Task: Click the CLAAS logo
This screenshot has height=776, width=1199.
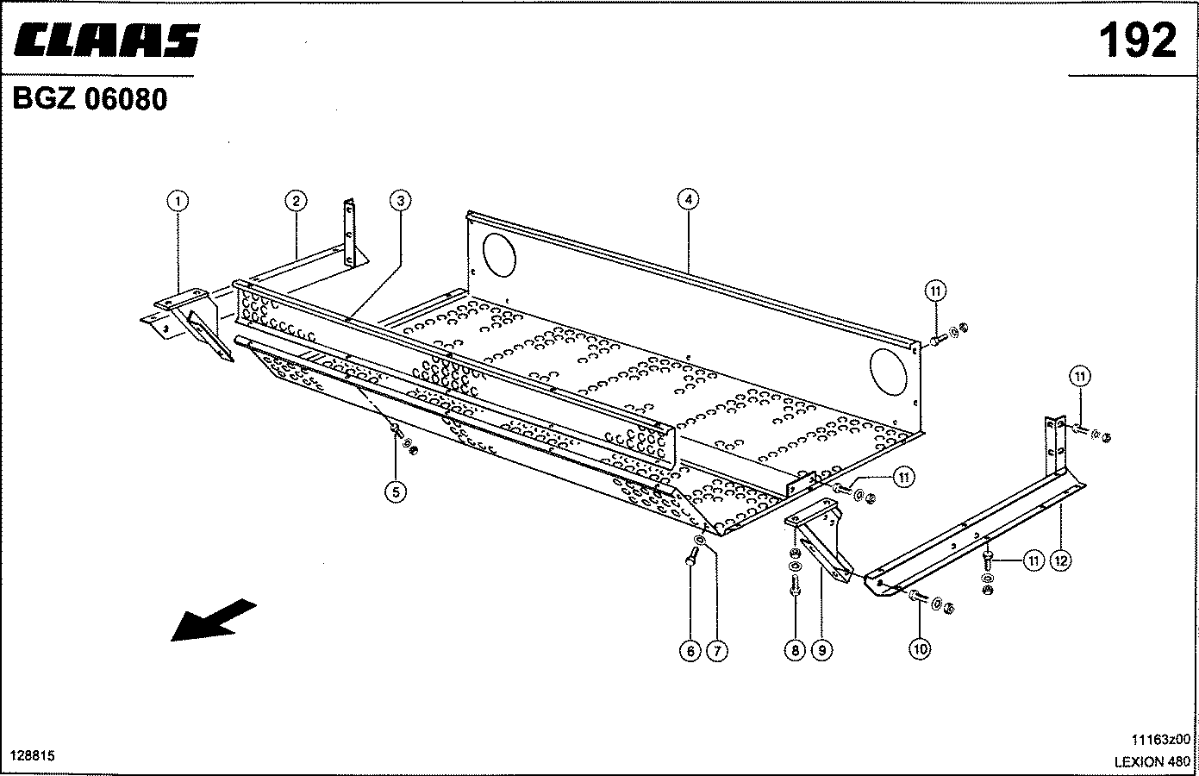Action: pyautogui.click(x=106, y=41)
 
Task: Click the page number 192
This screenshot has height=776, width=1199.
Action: pyautogui.click(x=1137, y=41)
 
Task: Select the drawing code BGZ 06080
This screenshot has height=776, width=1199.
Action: pyautogui.click(x=90, y=100)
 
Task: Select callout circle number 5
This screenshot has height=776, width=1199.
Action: pyautogui.click(x=395, y=492)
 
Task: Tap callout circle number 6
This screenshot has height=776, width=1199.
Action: pyautogui.click(x=690, y=652)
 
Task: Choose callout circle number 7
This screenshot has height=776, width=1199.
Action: pyautogui.click(x=716, y=652)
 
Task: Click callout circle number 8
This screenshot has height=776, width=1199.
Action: pyautogui.click(x=795, y=651)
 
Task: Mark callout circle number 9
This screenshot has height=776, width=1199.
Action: pyautogui.click(x=821, y=651)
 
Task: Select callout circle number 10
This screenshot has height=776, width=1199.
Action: pyautogui.click(x=920, y=649)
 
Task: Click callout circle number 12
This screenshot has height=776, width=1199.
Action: pyautogui.click(x=1060, y=560)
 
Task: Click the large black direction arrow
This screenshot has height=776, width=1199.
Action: pyautogui.click(x=213, y=620)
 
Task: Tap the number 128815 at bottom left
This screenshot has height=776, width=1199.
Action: pyautogui.click(x=32, y=755)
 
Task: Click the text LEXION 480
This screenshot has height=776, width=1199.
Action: pyautogui.click(x=1152, y=761)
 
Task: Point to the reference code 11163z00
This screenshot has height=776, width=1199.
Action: pyautogui.click(x=1160, y=740)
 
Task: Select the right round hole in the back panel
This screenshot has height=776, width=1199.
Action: pyautogui.click(x=889, y=368)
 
